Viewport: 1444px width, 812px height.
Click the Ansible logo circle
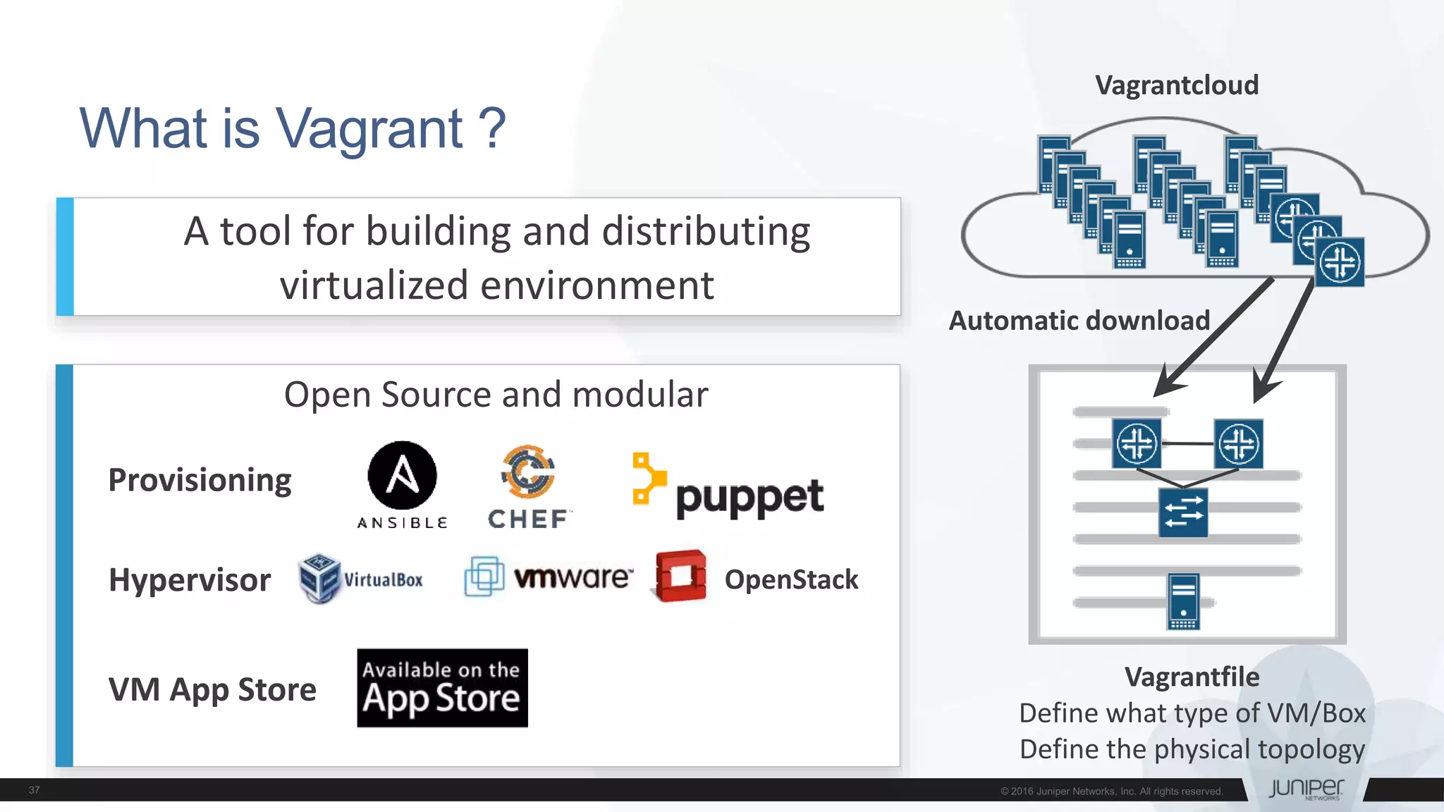402,475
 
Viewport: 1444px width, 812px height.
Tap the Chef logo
528,486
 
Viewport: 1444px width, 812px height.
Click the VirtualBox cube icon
319,578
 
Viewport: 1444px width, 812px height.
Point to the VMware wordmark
573,577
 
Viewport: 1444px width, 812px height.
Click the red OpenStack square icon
680,576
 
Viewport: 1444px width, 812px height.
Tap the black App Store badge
442,688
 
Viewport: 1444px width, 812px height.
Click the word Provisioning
200,480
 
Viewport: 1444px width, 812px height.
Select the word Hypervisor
190,580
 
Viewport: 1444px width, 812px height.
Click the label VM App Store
212,689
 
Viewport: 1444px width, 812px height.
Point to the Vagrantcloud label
1176,85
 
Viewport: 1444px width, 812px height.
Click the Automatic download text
1079,321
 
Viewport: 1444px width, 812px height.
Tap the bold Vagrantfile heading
1192,677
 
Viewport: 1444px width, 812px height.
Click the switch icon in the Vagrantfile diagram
1183,512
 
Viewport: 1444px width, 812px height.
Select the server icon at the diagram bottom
1183,601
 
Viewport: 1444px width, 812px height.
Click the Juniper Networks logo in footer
1306,789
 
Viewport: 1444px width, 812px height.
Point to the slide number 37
34,790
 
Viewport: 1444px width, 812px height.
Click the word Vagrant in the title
369,128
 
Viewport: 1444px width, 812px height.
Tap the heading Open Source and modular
496,395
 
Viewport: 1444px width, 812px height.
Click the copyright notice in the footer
1111,792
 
